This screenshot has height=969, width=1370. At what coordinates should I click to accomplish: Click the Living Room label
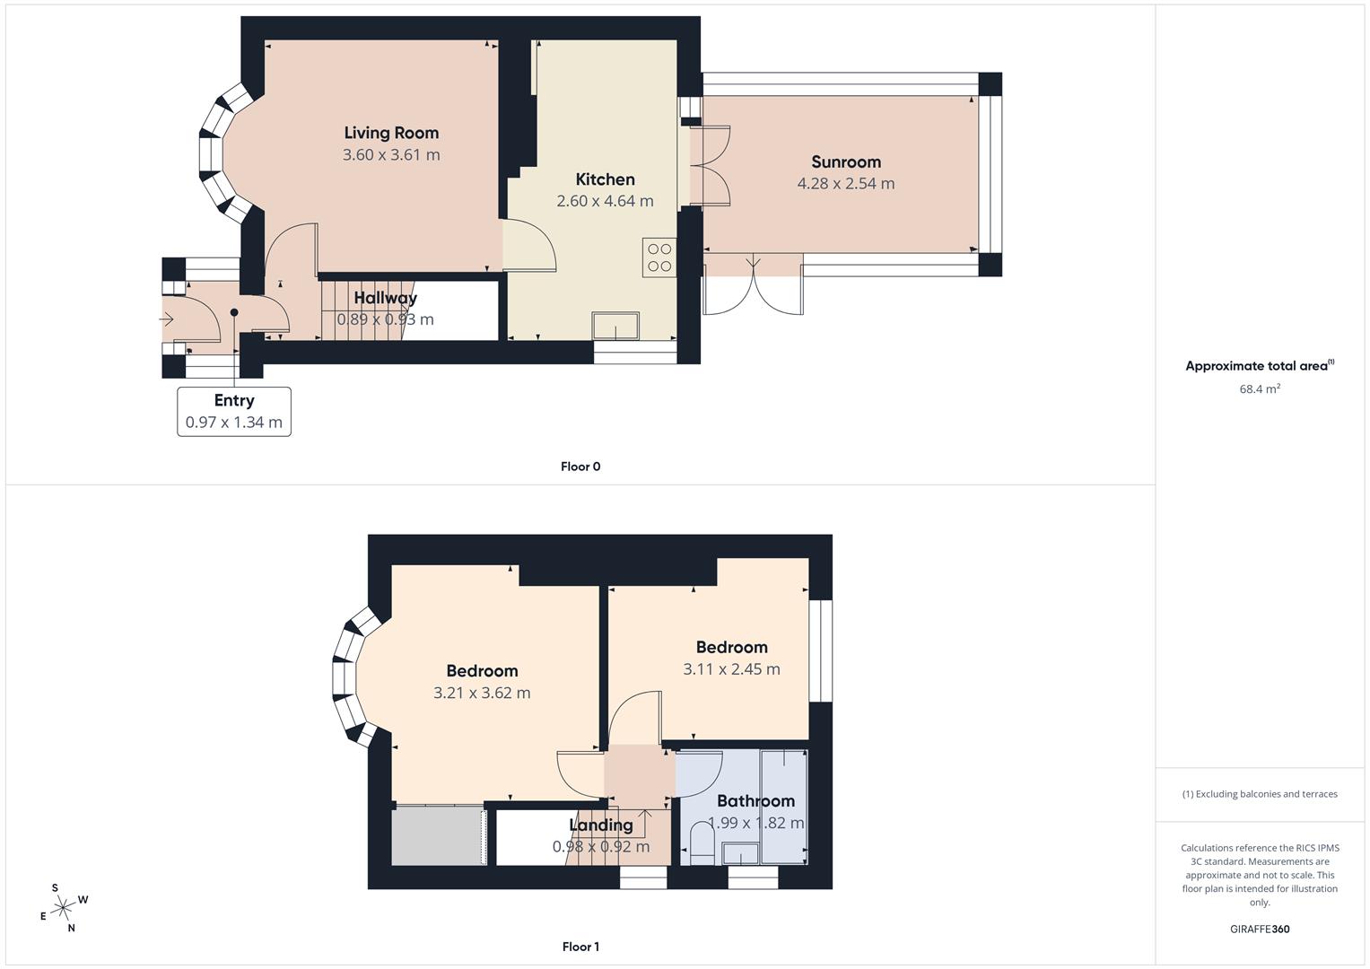(391, 133)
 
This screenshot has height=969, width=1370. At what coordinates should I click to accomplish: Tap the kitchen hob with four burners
(659, 258)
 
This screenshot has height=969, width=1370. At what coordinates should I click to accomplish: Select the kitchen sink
(615, 326)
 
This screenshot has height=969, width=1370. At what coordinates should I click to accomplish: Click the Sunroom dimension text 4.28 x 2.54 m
(846, 184)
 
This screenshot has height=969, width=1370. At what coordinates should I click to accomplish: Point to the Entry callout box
(234, 412)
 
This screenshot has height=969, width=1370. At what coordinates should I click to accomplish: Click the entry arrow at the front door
(166, 319)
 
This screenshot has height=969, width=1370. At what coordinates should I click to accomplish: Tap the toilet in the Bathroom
(702, 843)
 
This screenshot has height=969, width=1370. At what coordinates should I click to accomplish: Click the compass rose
(63, 908)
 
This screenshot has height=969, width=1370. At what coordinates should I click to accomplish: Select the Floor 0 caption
(580, 467)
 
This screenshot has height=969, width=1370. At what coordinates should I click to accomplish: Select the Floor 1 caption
(580, 947)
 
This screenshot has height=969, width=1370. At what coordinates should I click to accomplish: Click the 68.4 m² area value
(1260, 389)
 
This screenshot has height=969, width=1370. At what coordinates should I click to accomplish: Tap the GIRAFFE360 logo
(1260, 930)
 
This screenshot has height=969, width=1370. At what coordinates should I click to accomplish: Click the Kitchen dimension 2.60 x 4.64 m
(605, 201)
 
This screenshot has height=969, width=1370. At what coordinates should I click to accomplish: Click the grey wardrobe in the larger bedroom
(439, 835)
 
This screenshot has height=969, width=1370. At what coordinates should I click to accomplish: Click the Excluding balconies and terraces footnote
(1260, 794)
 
